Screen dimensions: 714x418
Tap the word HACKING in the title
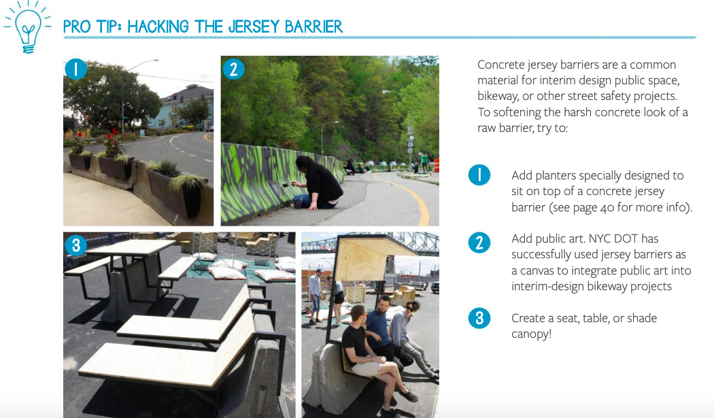pos(158,27)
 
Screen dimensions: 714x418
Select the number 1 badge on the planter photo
pos(75,69)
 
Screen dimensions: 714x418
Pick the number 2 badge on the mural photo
pos(234,69)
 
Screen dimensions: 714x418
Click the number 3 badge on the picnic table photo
pos(76,245)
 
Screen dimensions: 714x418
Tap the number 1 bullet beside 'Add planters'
pos(479,175)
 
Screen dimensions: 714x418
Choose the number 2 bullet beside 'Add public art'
pos(479,243)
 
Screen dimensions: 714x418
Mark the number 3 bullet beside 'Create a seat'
pos(479,318)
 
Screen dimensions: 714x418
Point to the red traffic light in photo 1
pos(174,96)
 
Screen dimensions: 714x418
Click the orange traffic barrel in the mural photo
pos(437,165)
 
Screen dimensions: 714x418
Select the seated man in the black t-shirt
pos(369,351)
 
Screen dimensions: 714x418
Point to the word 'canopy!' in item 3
pos(531,334)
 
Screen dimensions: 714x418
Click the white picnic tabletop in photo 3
pos(130,247)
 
